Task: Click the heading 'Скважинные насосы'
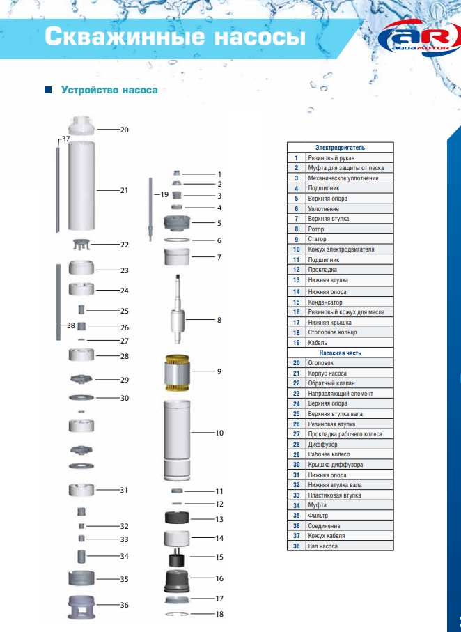click(x=175, y=37)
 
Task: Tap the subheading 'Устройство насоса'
click(x=109, y=90)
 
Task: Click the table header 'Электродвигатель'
click(x=340, y=148)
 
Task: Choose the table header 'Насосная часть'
click(x=340, y=353)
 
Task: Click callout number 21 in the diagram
click(x=124, y=190)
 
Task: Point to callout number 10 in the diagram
click(x=219, y=433)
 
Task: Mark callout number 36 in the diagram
click(x=124, y=605)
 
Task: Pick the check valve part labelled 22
click(x=82, y=245)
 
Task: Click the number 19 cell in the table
click(x=296, y=343)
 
